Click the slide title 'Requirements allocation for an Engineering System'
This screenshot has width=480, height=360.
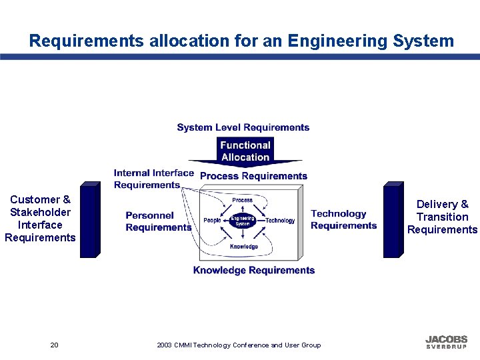pos(241,41)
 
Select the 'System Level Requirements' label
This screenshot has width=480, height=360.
pos(243,127)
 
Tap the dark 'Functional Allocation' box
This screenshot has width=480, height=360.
pos(245,151)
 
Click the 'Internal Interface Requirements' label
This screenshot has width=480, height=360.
pos(153,179)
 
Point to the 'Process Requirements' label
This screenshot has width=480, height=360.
pos(253,176)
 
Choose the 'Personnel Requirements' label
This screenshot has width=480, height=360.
pos(158,221)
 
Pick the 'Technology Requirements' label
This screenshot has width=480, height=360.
pos(343,219)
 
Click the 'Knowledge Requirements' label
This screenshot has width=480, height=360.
pos(253,270)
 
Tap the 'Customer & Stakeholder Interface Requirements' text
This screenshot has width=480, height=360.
pos(40,218)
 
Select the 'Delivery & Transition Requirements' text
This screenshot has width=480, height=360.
pos(442,217)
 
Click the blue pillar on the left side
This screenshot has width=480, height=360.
pos(89,220)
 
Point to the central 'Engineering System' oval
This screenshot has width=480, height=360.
pos(243,221)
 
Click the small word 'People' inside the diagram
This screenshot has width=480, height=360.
pos(212,221)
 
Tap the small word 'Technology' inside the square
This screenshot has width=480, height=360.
pos(280,221)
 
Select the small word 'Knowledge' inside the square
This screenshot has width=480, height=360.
pos(243,247)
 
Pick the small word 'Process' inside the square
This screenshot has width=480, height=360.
pos(242,200)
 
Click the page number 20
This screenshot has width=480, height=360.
pos(54,345)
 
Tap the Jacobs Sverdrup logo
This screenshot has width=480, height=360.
pos(446,342)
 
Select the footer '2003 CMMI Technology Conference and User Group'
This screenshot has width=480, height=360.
pos(239,345)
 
